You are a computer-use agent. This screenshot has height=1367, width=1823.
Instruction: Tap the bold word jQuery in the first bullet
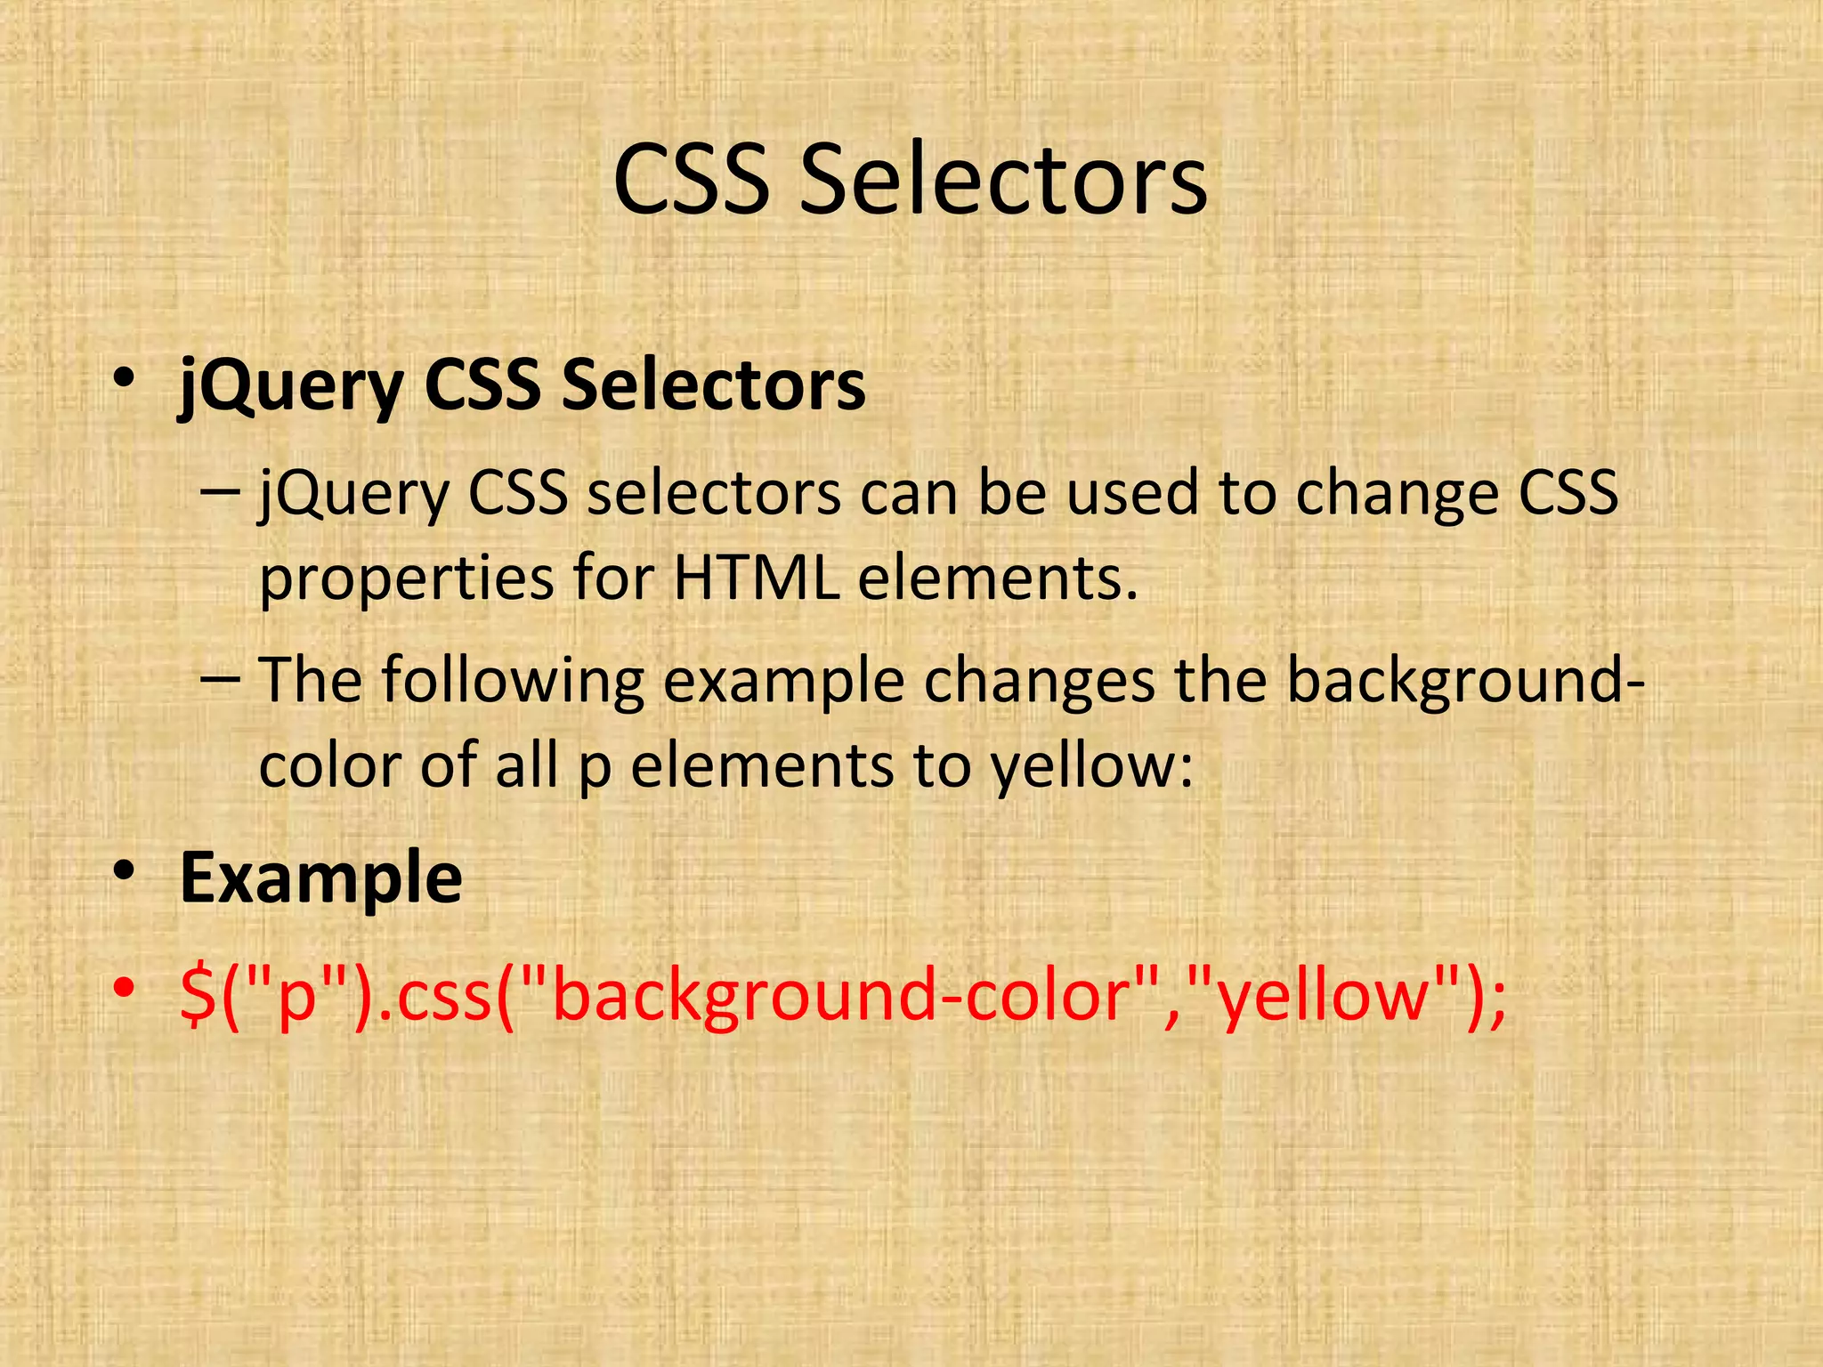292,387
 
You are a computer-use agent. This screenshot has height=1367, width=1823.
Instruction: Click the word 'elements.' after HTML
998,578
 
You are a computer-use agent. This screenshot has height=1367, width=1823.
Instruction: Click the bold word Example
320,878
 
